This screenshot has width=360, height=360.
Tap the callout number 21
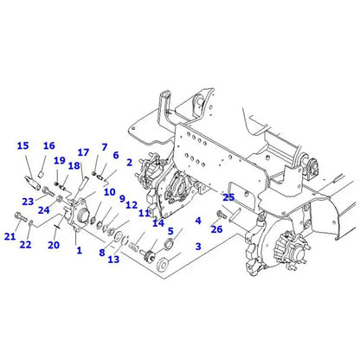pos(10,236)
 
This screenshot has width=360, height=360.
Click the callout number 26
pos(216,229)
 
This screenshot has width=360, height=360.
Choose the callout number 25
pos(228,197)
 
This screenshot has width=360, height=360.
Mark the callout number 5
pos(170,231)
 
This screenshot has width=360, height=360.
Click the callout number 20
pos(53,245)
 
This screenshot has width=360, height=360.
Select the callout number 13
pos(113,260)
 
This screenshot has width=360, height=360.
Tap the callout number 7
pos(104,147)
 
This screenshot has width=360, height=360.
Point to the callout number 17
pos(84,153)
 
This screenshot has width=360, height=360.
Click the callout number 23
pos(27,202)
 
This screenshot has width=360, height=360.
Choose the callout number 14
pos(157,222)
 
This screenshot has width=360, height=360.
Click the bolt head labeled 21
pos(19,215)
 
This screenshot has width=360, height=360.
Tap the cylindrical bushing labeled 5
pos(170,248)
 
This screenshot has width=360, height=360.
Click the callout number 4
pos(198,221)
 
